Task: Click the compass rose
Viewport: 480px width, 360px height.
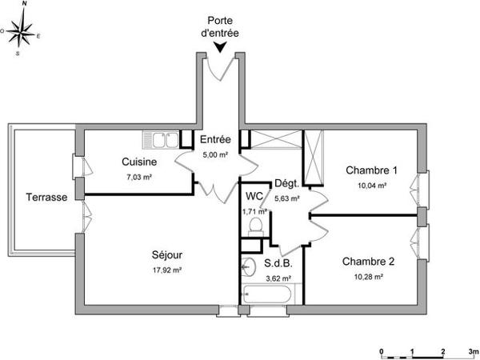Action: point(22,31)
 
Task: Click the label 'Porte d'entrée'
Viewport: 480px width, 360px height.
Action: point(220,26)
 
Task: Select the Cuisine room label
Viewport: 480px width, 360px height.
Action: point(139,162)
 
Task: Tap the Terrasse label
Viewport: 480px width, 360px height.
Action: point(46,197)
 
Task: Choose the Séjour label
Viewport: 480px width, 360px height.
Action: point(168,255)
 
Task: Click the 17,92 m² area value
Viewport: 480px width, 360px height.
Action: point(167,270)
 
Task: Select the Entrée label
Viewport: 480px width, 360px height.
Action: point(216,139)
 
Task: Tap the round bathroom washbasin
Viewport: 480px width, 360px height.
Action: point(250,266)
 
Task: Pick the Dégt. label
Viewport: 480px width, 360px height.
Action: point(286,183)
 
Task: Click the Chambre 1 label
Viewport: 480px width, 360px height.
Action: point(371,170)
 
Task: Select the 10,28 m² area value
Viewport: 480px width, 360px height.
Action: point(369,277)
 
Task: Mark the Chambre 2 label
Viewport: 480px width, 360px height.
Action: point(369,262)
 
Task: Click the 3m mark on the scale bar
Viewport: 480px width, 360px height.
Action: point(472,351)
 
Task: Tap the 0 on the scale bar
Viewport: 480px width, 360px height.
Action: point(382,351)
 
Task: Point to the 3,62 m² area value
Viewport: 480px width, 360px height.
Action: point(278,278)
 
